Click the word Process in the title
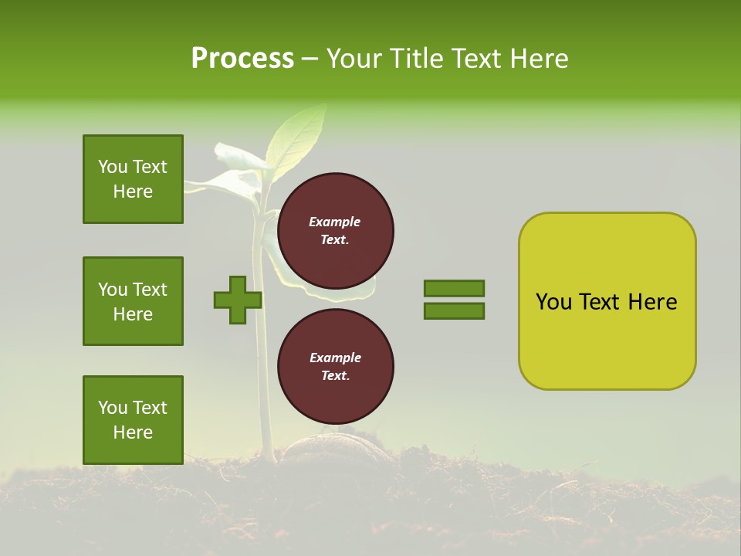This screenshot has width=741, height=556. tap(242, 59)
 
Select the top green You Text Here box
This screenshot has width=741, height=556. tap(133, 179)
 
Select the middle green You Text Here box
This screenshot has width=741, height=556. tap(133, 301)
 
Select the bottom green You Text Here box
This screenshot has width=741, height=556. tap(133, 419)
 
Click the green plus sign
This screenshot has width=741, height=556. tap(237, 300)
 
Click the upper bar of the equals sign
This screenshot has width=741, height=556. tap(454, 289)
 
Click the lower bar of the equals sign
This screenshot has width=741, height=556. tap(454, 311)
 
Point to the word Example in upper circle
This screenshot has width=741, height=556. tap(335, 222)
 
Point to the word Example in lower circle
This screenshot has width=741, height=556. tap(335, 358)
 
